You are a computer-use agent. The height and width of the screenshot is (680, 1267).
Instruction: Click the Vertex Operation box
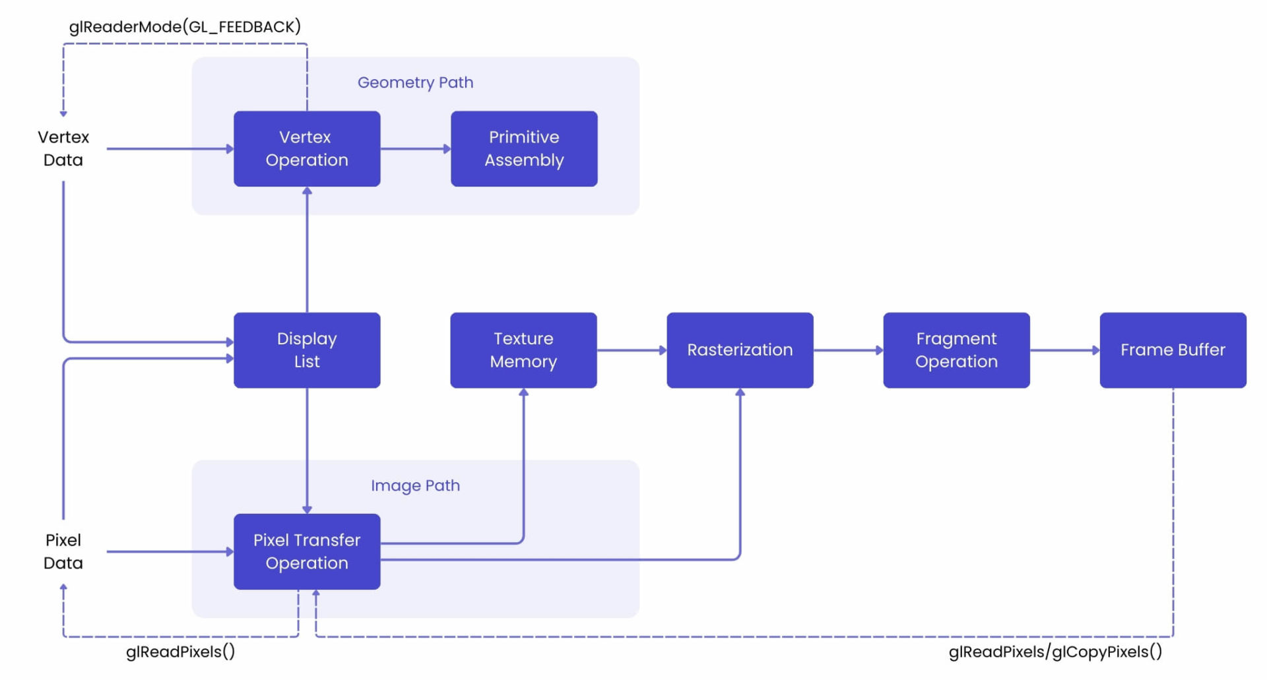click(307, 148)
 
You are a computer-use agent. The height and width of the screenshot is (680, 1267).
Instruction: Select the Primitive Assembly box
click(524, 148)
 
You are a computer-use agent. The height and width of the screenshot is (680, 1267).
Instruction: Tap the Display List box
click(307, 350)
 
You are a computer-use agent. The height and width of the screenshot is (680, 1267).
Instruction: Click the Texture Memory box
click(523, 350)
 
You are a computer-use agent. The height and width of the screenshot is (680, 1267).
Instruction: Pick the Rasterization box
click(740, 350)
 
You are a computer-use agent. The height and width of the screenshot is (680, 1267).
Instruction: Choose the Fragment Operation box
click(956, 350)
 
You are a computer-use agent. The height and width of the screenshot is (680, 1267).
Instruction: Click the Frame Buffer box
click(1173, 350)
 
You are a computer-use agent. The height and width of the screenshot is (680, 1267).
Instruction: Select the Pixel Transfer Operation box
click(307, 551)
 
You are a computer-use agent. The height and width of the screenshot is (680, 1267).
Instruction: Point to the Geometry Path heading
click(415, 82)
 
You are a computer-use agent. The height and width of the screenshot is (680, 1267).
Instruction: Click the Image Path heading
click(415, 485)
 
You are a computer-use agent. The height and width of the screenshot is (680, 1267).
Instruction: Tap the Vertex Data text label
click(63, 148)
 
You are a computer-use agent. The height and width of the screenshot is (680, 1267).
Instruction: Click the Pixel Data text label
click(63, 551)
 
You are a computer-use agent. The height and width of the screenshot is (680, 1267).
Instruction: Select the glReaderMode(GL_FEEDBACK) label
click(185, 26)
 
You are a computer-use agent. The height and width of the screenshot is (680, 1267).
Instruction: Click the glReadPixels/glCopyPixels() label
click(1055, 652)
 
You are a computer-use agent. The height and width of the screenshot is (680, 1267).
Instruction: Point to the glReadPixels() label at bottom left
click(180, 652)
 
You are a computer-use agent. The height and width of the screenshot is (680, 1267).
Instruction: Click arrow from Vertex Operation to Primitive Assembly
click(415, 148)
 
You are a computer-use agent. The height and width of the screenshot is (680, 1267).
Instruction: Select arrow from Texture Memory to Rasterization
click(632, 350)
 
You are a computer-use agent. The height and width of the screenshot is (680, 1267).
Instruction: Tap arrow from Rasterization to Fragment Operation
click(848, 350)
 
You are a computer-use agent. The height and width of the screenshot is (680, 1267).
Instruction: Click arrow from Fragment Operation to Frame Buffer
click(1064, 350)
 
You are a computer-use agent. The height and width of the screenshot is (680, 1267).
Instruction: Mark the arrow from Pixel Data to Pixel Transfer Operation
click(170, 551)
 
